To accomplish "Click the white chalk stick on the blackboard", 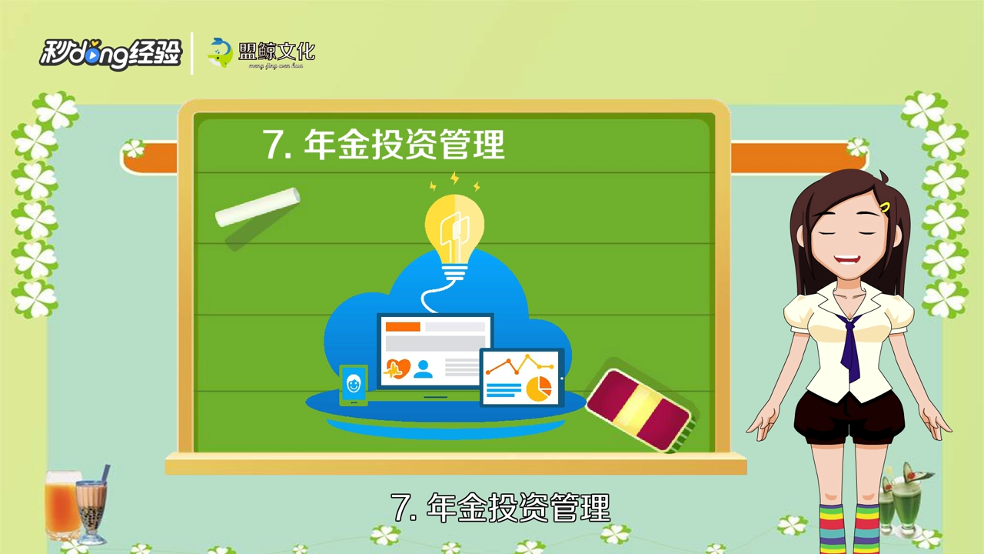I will point(257,206).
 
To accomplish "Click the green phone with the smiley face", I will point(354,384).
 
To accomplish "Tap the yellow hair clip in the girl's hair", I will point(886,207).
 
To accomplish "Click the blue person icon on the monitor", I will point(423,368).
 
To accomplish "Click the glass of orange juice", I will point(61,504).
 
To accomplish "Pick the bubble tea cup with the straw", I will point(91,508).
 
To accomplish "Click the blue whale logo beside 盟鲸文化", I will point(221,52).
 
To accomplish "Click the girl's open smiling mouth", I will point(846,262).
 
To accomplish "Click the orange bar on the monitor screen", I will point(403,327).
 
